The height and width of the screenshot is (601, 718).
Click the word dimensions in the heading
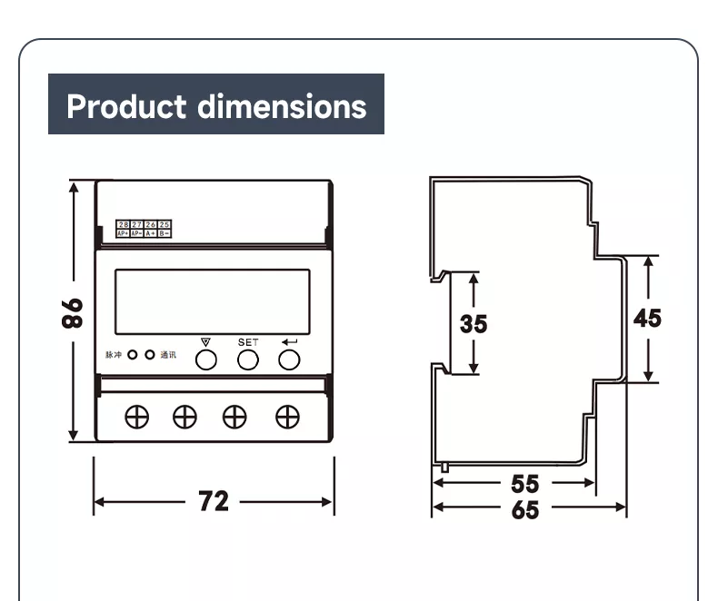[x=283, y=106]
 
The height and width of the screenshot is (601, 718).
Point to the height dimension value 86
[x=73, y=312]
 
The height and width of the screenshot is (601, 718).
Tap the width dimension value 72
[x=214, y=501]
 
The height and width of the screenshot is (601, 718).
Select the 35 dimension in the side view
[x=473, y=323]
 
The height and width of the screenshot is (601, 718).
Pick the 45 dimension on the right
[x=647, y=318]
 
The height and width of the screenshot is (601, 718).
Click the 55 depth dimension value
[x=524, y=484]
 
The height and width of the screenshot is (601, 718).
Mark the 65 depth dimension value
[x=524, y=510]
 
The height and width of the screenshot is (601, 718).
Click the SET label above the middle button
[x=248, y=342]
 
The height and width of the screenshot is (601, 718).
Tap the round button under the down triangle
[x=206, y=360]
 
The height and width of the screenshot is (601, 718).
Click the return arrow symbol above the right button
[x=290, y=342]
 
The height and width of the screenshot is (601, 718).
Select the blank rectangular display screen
[x=211, y=301]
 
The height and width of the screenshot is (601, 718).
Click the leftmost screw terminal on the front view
[x=137, y=416]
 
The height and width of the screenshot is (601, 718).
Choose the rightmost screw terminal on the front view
[x=287, y=416]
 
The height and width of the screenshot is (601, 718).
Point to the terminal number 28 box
[x=123, y=224]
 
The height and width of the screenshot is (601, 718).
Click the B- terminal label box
[x=165, y=233]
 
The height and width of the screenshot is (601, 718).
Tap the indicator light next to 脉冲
[x=133, y=355]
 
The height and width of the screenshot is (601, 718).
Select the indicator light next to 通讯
[x=150, y=355]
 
